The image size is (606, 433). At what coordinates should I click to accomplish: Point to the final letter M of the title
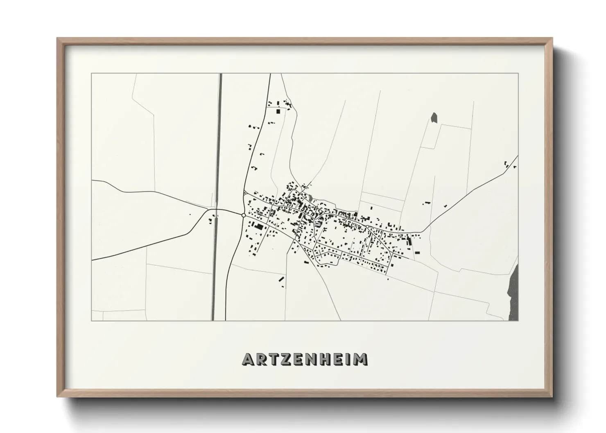(361, 359)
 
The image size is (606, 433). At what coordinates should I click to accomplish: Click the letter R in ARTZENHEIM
(262, 359)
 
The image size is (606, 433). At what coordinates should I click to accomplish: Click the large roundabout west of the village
(244, 214)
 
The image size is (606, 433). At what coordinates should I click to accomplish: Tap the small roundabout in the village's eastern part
(368, 226)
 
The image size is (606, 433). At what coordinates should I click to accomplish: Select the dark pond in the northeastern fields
(434, 117)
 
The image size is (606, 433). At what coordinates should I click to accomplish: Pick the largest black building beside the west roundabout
(259, 227)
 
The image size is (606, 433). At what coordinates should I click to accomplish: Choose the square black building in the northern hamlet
(278, 111)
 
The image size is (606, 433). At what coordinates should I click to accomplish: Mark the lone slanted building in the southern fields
(281, 279)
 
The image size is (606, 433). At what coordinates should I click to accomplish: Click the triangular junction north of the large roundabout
(244, 192)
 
